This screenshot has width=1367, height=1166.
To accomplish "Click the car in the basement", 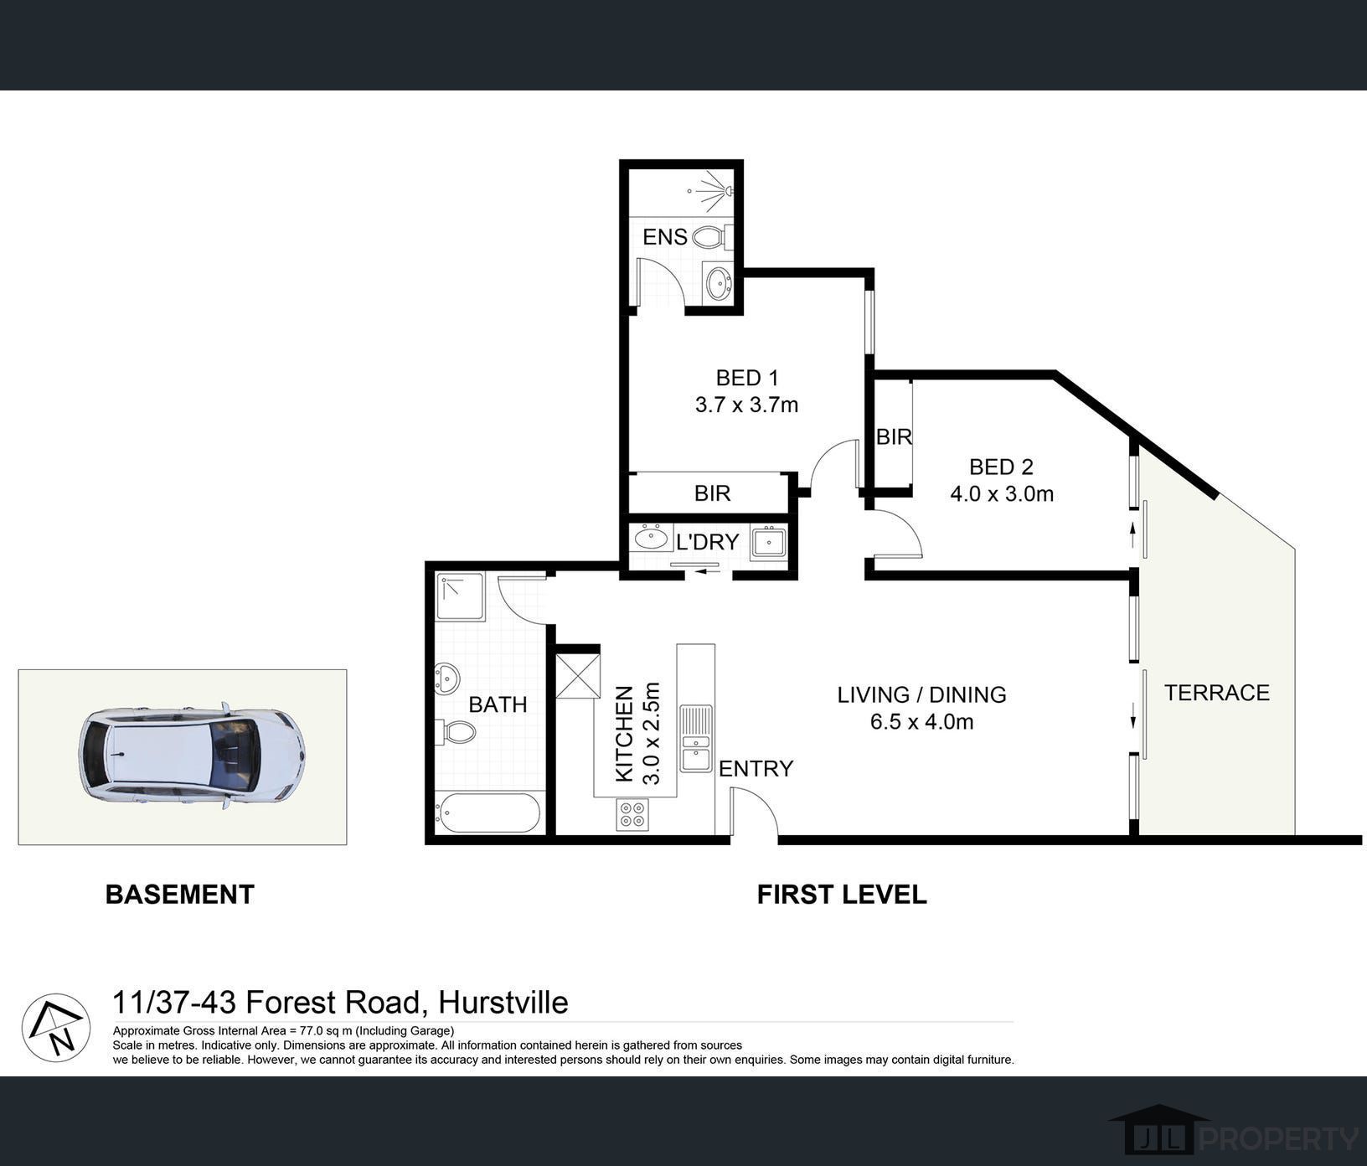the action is coord(192,756).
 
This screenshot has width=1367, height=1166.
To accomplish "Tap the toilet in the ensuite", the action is coord(712,237).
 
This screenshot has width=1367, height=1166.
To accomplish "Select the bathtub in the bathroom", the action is coord(487,813).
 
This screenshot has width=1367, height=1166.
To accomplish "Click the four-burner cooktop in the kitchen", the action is coord(632,814).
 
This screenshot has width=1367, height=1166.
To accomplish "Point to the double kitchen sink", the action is coord(696,738).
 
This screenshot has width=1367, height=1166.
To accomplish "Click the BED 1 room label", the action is coord(747,378).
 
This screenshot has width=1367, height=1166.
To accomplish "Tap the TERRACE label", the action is coord(1217,693).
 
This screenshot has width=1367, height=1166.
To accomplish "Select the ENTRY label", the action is coord(756,769).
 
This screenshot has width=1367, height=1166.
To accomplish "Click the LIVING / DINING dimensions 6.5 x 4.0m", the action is coord(921,721).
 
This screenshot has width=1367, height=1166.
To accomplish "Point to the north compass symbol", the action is coord(56,1028).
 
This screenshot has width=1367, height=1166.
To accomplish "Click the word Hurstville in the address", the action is coord(503,1003).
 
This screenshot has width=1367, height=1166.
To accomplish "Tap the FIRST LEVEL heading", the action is coord(842,895).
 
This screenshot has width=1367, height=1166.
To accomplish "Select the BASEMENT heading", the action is coord(180,895).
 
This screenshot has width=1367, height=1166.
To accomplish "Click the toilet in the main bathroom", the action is coord(456,732).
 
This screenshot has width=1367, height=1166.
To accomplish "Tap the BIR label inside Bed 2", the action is coord(894,436).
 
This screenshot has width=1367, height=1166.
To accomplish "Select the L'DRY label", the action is coord(708,542).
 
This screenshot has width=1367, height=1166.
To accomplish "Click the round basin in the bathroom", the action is coord(446,678).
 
